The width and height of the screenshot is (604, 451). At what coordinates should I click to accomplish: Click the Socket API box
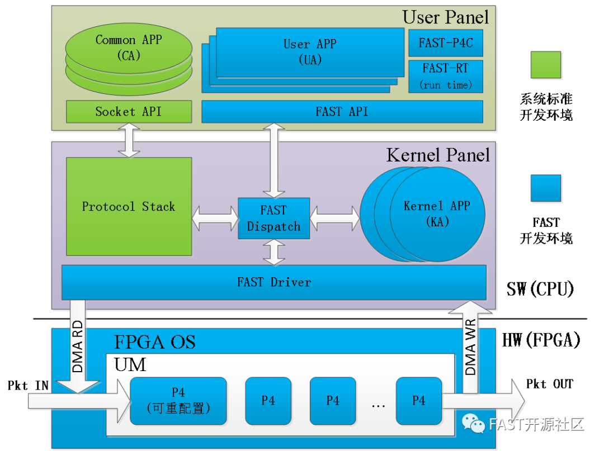[x=129, y=112]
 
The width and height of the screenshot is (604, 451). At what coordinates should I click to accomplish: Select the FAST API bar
[x=342, y=112]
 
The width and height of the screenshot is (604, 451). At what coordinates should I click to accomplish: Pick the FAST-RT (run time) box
[x=446, y=76]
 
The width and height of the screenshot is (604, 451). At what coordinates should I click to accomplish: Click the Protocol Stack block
[x=129, y=207]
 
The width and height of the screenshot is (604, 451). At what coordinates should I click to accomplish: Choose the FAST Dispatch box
[x=273, y=219]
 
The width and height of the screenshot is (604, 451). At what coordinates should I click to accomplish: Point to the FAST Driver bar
[x=273, y=282]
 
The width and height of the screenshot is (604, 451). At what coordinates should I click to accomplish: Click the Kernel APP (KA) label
[x=437, y=213]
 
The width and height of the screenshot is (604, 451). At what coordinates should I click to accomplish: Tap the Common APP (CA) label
[x=129, y=47]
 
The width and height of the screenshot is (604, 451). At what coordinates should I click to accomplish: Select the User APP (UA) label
[x=310, y=51]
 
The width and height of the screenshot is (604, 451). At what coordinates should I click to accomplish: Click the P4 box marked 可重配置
[x=178, y=401]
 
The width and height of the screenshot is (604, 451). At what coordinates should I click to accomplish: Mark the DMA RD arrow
[x=78, y=346]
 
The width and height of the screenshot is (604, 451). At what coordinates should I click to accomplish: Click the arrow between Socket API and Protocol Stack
[x=129, y=140]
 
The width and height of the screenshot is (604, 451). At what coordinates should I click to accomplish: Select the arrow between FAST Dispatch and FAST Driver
[x=273, y=252]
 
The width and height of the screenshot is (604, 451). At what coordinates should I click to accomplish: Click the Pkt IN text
[x=28, y=386]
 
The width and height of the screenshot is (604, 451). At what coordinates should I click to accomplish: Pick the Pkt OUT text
[x=550, y=384]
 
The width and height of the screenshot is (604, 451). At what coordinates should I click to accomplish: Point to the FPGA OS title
[x=155, y=341]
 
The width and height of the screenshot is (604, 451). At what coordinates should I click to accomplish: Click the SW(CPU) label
[x=540, y=289]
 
